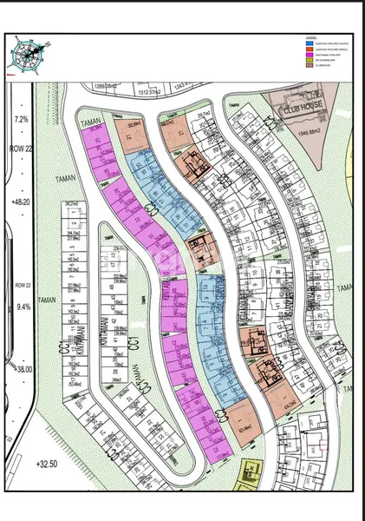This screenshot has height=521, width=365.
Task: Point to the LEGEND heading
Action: click(310, 38)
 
